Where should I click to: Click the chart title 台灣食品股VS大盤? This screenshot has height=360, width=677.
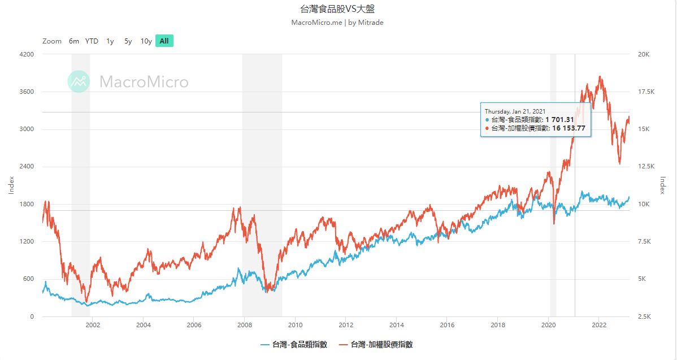337,9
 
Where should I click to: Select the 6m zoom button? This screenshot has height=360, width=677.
74,41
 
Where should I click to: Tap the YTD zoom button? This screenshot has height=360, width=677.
92,41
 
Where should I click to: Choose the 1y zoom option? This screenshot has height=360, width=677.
110,41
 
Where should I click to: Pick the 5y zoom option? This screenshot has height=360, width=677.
128,41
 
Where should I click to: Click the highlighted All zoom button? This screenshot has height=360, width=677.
164,41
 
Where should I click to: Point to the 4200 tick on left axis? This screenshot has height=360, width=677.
27,54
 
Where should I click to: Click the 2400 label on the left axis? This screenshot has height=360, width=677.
27,167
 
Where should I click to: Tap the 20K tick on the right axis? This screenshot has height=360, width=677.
644,54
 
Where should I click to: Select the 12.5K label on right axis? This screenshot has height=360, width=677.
646,167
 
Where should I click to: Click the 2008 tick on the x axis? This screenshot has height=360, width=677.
244,325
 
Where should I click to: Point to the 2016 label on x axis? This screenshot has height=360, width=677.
447,325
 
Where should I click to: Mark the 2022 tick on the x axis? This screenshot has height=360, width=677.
599,325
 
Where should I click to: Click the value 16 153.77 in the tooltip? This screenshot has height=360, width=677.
568,128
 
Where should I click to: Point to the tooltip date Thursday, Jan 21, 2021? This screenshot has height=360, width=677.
515,111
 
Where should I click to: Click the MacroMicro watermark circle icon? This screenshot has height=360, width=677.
79,81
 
